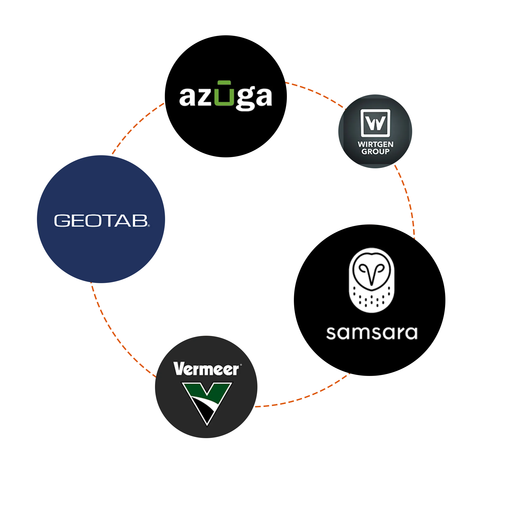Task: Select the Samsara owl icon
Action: pyautogui.click(x=372, y=281)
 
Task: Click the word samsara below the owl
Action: pyautogui.click(x=372, y=333)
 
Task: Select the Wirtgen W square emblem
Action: pyautogui.click(x=375, y=123)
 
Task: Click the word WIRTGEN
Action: pyautogui.click(x=375, y=144)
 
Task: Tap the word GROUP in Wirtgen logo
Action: pyautogui.click(x=375, y=151)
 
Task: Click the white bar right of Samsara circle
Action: pyautogui.click(x=476, y=300)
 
